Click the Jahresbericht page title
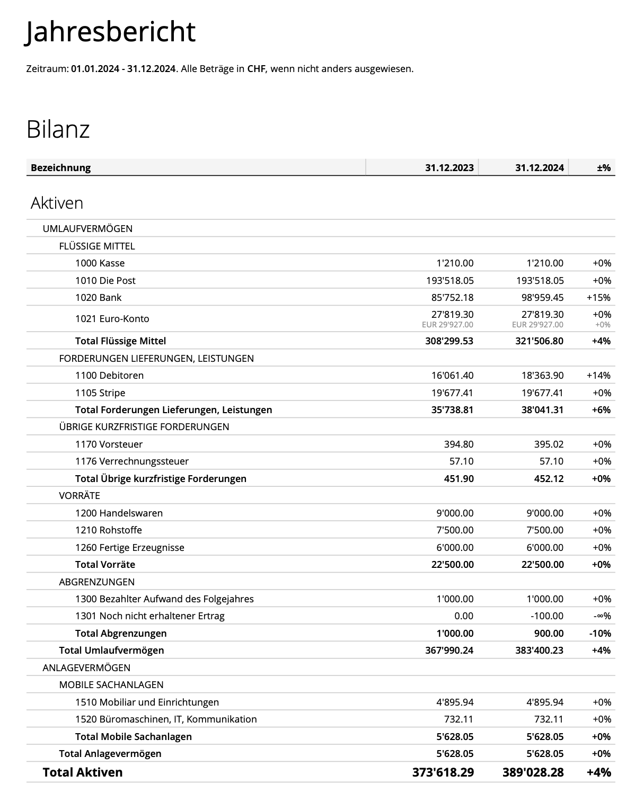point(111,32)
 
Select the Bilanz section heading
point(58,129)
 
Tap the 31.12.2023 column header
point(449,168)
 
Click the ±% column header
point(603,168)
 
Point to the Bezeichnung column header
point(60,168)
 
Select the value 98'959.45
point(542,297)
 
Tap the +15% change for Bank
point(598,297)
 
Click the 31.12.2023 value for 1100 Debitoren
point(452,375)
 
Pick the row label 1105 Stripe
point(100,393)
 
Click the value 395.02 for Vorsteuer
point(549,444)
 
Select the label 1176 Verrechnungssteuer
point(131,461)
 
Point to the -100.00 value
point(547,616)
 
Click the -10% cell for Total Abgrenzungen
point(600,633)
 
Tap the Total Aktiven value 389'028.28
point(533,772)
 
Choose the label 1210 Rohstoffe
point(108,530)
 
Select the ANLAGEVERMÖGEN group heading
point(86,667)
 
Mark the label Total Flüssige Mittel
point(120,341)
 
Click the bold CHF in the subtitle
point(256,69)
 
